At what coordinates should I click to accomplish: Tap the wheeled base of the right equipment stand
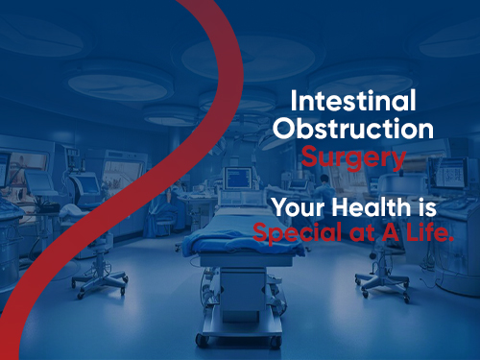(x=379, y=284)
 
